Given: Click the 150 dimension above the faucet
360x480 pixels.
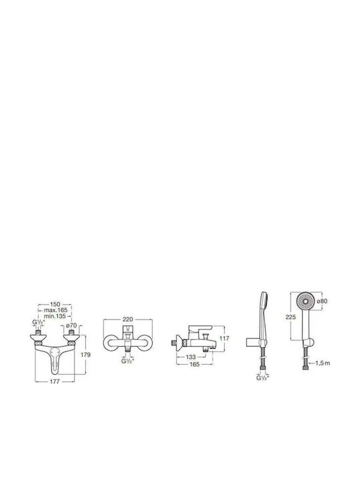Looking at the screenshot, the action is coord(55,304).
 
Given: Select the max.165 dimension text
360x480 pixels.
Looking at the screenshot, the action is coord(55,310).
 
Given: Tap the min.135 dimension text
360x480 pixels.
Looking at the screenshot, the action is coord(55,316).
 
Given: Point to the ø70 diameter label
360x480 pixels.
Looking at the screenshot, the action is coord(71,325).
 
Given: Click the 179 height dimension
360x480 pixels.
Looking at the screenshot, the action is coord(85,355).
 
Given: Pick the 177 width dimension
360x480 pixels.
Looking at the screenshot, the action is coord(55,381).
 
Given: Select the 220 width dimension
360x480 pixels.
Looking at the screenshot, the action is coord(127,319).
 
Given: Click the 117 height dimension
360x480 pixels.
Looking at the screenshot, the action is coord(225,339).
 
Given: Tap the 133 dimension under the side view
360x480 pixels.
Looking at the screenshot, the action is coord(191,357).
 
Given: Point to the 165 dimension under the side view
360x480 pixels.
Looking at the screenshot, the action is coord(195,364).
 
